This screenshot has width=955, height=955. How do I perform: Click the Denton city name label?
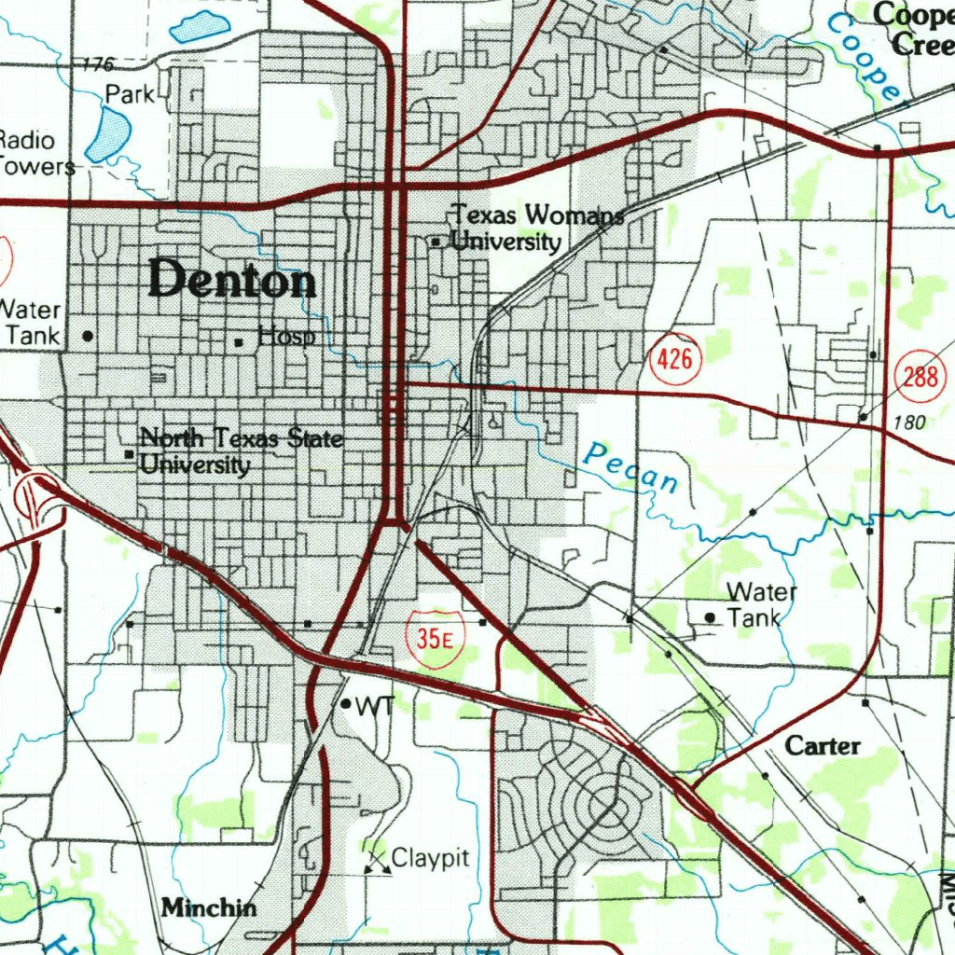click(x=231, y=280)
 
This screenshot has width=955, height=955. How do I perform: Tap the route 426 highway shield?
click(x=674, y=357)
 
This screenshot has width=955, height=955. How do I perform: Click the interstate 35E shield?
click(x=435, y=639)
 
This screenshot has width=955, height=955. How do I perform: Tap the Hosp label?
click(x=285, y=337)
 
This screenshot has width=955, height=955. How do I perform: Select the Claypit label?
click(x=430, y=858)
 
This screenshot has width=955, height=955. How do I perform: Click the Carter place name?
click(x=822, y=746)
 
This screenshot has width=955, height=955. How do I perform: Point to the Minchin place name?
click(x=209, y=907)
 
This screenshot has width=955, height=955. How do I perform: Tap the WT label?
click(x=375, y=706)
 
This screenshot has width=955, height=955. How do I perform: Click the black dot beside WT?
click(x=345, y=704)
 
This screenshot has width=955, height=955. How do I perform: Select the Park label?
click(x=129, y=93)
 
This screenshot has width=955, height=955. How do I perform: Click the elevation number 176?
click(x=97, y=64)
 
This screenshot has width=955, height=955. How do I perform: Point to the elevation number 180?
click(x=908, y=423)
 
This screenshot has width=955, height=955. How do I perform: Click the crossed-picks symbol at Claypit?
click(x=377, y=864)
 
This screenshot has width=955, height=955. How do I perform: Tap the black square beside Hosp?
click(x=239, y=342)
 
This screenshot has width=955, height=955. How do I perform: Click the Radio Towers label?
click(x=34, y=154)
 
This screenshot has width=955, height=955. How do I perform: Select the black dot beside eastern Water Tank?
click(x=711, y=617)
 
